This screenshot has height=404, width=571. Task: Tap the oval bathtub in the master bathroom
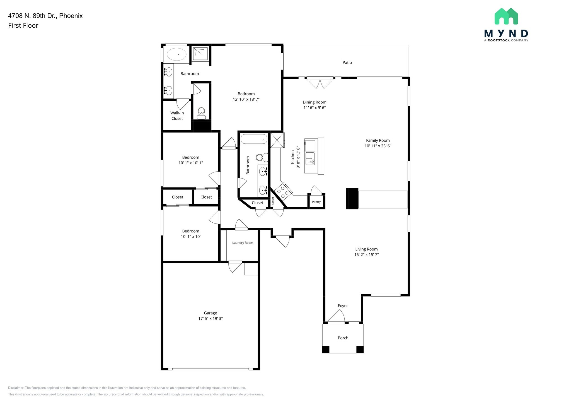[x=176, y=54]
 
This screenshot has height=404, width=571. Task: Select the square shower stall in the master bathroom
[x=200, y=54]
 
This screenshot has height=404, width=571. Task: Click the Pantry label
[x=316, y=202]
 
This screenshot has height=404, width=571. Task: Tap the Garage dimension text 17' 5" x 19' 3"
[x=211, y=318]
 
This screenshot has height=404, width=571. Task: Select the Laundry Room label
[x=243, y=243]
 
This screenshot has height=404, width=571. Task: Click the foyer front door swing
[x=337, y=317]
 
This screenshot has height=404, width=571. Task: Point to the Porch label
[x=343, y=338]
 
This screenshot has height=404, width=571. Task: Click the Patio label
[x=347, y=62]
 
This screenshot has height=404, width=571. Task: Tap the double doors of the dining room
[x=320, y=83]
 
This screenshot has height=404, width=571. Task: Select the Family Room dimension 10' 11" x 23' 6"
[x=378, y=146]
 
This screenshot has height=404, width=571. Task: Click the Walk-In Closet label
[x=177, y=116]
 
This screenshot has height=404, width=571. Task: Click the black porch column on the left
[x=326, y=349]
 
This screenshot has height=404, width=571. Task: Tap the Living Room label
[x=366, y=249]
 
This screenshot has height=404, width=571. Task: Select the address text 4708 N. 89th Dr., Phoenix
[x=45, y=16]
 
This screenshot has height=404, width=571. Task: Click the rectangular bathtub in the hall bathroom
[x=254, y=139]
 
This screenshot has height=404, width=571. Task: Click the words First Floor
[x=23, y=25]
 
